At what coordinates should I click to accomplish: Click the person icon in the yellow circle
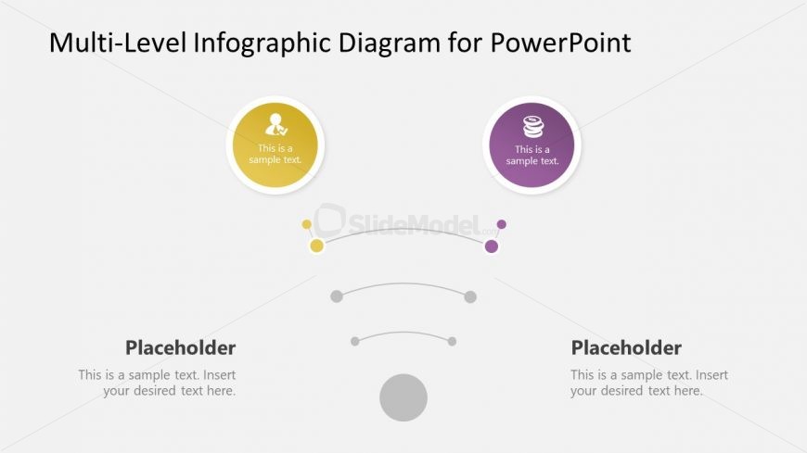pyautogui.click(x=275, y=125)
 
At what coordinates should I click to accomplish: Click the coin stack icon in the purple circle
pyautogui.click(x=532, y=126)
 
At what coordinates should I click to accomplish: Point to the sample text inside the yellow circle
pyautogui.click(x=275, y=154)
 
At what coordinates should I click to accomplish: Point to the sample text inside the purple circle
pyautogui.click(x=532, y=155)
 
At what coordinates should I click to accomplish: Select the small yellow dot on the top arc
pyautogui.click(x=307, y=224)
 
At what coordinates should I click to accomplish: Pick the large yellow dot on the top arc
pyautogui.click(x=316, y=245)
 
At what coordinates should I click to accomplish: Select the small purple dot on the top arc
pyautogui.click(x=502, y=224)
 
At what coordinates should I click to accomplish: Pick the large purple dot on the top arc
pyautogui.click(x=492, y=245)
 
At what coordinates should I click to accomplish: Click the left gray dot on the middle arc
pyautogui.click(x=337, y=296)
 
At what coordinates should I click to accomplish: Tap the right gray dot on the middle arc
pyautogui.click(x=470, y=296)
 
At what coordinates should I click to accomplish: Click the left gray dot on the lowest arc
pyautogui.click(x=355, y=341)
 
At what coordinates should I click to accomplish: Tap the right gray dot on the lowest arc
pyautogui.click(x=452, y=341)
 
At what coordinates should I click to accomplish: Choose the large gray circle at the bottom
pyautogui.click(x=403, y=397)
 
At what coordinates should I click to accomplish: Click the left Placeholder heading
pyautogui.click(x=180, y=348)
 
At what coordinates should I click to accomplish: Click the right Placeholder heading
pyautogui.click(x=626, y=348)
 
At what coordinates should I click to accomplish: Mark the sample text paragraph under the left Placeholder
pyautogui.click(x=157, y=383)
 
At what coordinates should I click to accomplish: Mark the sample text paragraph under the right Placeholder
pyautogui.click(x=649, y=383)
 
